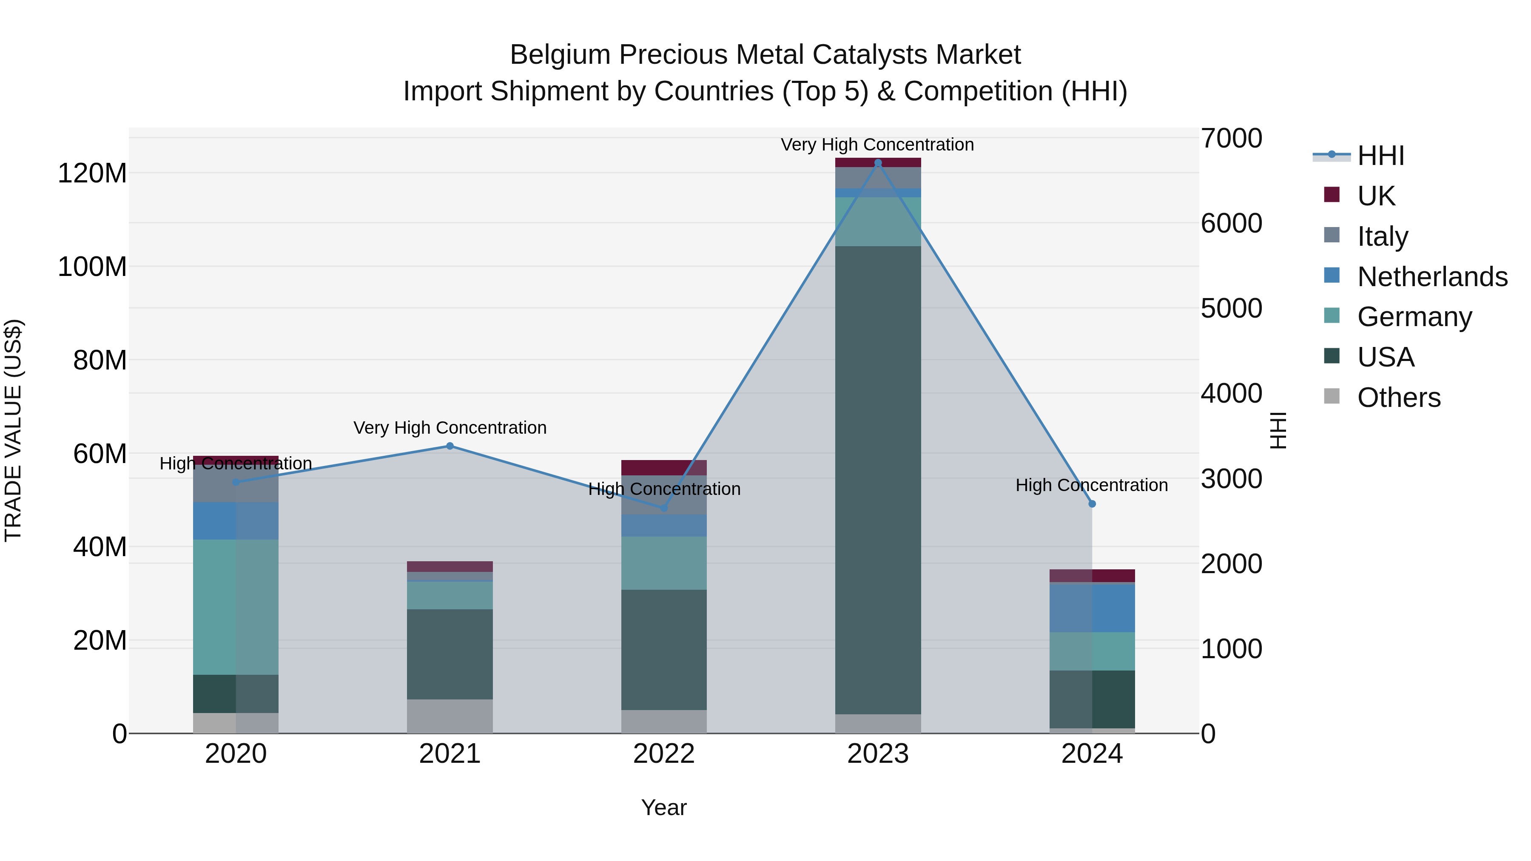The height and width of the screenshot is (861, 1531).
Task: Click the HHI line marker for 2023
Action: tap(878, 163)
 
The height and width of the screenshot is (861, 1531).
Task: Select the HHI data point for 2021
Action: tap(450, 446)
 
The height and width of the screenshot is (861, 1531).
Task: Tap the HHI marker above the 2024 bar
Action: tap(1092, 504)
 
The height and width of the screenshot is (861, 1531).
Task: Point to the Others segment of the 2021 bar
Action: tap(450, 716)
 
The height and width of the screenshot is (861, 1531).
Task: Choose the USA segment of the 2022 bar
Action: tap(664, 649)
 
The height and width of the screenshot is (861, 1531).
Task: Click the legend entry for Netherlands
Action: tap(1432, 277)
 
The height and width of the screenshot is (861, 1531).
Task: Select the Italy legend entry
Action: tap(1383, 236)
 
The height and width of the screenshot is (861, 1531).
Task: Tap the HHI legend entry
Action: tap(1380, 156)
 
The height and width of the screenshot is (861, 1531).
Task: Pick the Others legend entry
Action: tap(1398, 398)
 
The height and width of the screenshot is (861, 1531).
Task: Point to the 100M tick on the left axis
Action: tap(92, 267)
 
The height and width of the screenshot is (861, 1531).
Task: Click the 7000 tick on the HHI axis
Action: tap(1231, 139)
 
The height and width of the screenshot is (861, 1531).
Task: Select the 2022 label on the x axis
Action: tap(664, 754)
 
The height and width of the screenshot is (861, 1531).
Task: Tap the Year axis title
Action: tap(664, 807)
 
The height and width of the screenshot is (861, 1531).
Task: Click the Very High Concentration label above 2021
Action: tap(450, 428)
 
